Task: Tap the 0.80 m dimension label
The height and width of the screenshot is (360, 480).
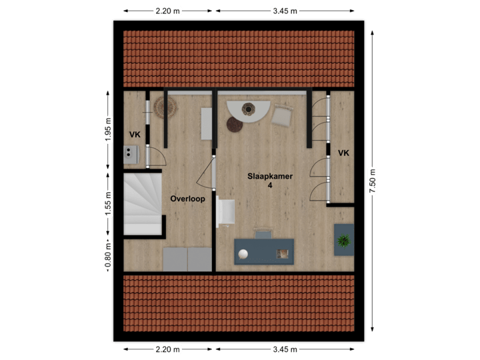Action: (x=108, y=255)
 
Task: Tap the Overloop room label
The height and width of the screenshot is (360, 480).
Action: (x=187, y=199)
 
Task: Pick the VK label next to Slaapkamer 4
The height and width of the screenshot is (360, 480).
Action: (x=343, y=153)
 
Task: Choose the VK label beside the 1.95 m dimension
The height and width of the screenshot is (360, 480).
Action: (x=135, y=135)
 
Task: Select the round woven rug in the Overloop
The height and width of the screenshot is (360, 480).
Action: (x=164, y=107)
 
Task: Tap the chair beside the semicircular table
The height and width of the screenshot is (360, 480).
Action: (x=282, y=116)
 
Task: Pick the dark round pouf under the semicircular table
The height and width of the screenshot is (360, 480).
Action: (x=235, y=124)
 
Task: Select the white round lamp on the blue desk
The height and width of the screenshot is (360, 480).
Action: (x=244, y=253)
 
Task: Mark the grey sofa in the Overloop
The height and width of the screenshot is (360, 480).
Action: (x=187, y=259)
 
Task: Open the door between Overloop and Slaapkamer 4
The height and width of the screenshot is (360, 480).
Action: (x=212, y=172)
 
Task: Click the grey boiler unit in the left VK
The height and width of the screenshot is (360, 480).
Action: (x=130, y=155)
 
